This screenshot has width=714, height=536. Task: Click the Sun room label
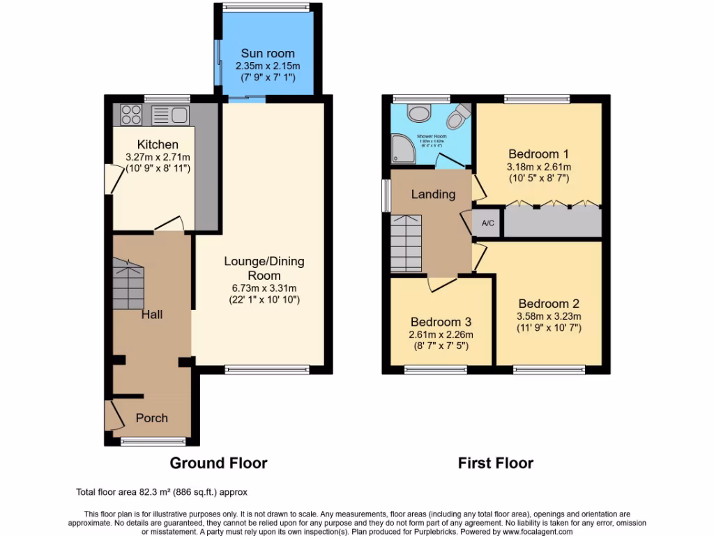268,53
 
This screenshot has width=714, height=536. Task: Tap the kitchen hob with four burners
131,114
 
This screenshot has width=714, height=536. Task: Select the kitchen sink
169,114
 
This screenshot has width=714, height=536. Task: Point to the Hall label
152,314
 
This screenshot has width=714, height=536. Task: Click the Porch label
151,418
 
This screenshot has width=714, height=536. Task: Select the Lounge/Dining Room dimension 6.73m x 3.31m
264,288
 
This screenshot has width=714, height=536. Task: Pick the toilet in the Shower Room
457,117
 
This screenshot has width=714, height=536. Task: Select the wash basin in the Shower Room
420,113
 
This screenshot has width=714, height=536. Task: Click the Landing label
433,195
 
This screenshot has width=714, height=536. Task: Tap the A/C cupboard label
488,223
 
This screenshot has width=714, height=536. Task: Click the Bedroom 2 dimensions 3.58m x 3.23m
549,316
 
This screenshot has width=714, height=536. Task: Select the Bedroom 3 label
441,322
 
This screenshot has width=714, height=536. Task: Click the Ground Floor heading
218,463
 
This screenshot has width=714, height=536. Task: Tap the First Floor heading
495,463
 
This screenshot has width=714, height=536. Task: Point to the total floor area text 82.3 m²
162,491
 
